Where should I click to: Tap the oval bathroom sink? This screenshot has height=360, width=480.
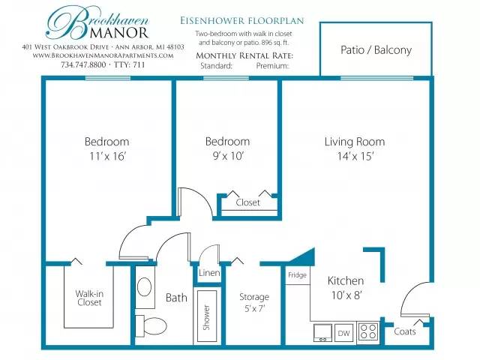(x=144, y=287)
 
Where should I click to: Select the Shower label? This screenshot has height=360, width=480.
(x=207, y=317)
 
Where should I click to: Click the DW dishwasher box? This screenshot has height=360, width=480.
(x=343, y=333)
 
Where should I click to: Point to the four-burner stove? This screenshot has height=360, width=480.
(x=368, y=331)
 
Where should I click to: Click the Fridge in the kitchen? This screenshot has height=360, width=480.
(x=297, y=275)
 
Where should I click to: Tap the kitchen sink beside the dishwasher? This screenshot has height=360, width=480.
(x=322, y=333)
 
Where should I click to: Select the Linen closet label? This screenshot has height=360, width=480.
(x=209, y=273)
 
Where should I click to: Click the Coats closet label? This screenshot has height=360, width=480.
(x=405, y=331)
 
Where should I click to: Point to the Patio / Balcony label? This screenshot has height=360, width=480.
(x=376, y=50)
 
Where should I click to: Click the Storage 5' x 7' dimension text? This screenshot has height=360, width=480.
(x=254, y=308)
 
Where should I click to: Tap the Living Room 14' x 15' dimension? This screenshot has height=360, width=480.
(x=355, y=157)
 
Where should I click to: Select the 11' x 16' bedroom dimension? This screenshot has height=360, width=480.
(x=107, y=157)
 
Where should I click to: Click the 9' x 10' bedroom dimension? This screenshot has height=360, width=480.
(x=228, y=157)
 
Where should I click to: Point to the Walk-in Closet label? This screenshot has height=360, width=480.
(x=89, y=298)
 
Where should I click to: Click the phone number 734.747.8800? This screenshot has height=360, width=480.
(x=83, y=65)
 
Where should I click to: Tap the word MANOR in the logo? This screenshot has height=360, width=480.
(x=119, y=33)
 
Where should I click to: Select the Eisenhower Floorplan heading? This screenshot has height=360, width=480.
(x=241, y=21)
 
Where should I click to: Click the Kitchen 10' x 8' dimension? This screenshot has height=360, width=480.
(x=346, y=295)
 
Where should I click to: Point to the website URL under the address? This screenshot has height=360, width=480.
(x=103, y=55)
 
